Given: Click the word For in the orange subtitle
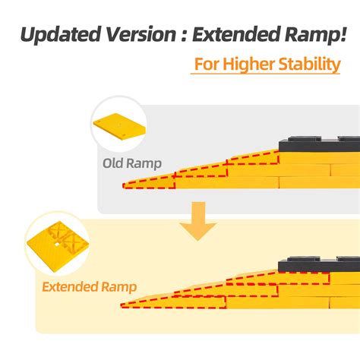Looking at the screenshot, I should pyautogui.click(x=206, y=64).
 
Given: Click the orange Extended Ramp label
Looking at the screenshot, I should pyautogui.click(x=89, y=286).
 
